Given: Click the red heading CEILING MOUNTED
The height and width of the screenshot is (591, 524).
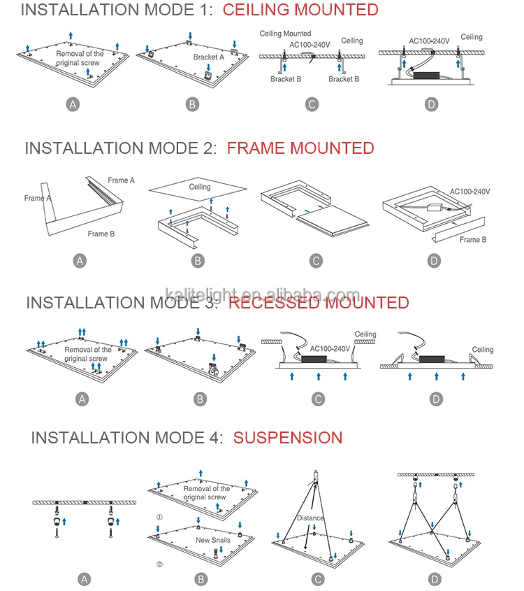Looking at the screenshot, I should [300, 10].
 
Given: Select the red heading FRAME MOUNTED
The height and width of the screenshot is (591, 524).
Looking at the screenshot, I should [300, 148].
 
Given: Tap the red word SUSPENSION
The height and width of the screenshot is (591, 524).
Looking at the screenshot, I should [288, 438].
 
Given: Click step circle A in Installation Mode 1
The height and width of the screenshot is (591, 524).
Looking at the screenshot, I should [73, 104].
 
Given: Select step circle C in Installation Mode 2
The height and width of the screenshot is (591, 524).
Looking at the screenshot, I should [316, 261].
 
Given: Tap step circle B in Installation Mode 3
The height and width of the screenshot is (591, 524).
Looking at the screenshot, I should [201, 399].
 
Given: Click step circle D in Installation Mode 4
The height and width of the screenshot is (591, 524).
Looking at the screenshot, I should [435, 579].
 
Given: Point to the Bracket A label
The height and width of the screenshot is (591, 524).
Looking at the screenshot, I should [210, 58].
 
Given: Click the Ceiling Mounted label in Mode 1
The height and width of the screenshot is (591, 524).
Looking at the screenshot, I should [286, 34].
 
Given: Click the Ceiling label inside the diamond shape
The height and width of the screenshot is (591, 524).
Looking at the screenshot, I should [200, 187].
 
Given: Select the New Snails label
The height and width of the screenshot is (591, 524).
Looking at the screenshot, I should [212, 540].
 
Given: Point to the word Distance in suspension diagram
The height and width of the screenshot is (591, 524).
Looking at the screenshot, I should [310, 518].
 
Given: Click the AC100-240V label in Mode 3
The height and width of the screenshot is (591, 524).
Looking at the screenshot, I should [329, 348].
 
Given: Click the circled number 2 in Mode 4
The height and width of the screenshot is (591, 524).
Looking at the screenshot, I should [159, 564].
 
